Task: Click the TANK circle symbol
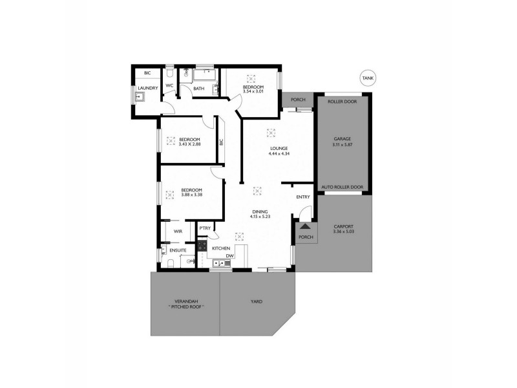click(x=368, y=78)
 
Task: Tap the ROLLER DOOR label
click(x=342, y=101)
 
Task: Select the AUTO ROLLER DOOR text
click(x=342, y=187)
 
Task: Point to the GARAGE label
click(x=342, y=140)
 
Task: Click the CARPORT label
click(x=343, y=227)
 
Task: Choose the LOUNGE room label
click(x=279, y=148)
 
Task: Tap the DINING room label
click(x=261, y=211)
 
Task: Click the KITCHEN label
click(x=222, y=248)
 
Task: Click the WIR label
click(x=176, y=231)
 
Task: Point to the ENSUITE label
click(x=178, y=249)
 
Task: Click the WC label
click(x=169, y=85)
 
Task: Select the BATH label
click(x=199, y=89)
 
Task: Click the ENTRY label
click(x=303, y=197)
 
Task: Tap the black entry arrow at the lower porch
click(x=304, y=226)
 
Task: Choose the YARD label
click(x=257, y=301)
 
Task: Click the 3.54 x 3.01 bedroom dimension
click(x=253, y=92)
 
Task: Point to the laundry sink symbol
click(x=140, y=98)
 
